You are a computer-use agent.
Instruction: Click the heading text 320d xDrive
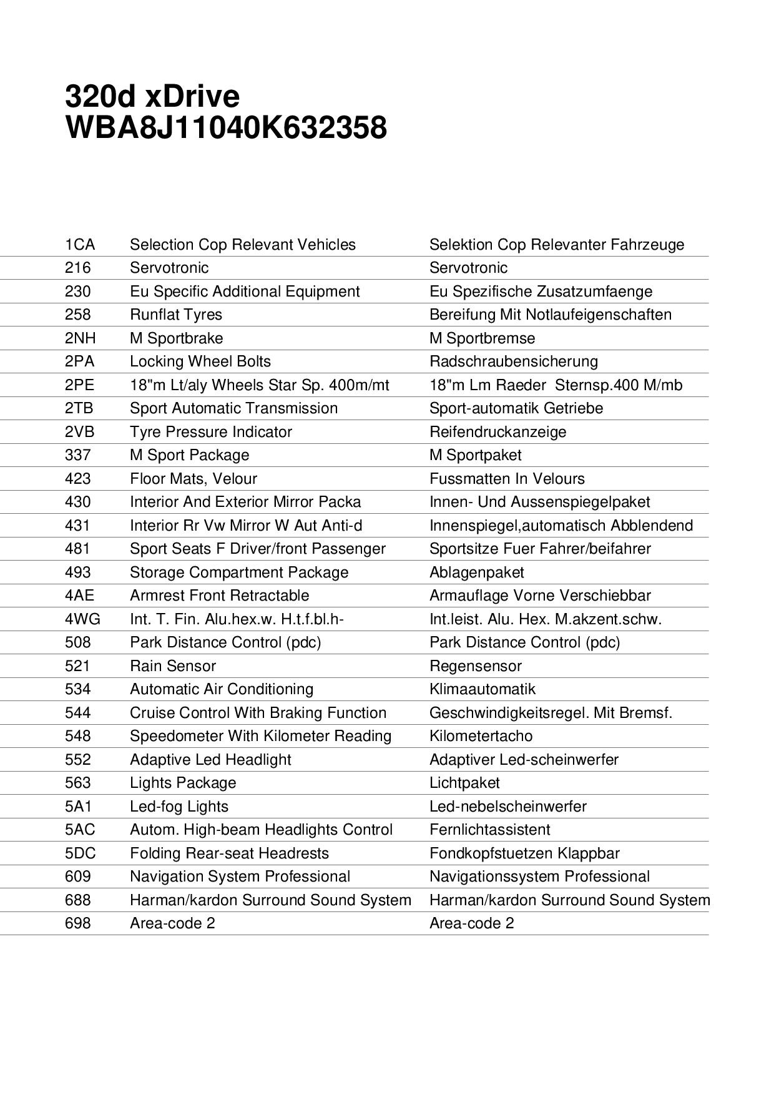pyautogui.click(x=152, y=97)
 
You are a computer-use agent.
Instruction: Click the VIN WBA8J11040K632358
pyautogui.click(x=225, y=128)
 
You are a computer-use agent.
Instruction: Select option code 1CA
pyautogui.click(x=80, y=245)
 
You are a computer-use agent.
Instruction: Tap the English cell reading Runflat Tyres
pyautogui.click(x=176, y=315)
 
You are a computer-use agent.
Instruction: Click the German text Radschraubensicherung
pyautogui.click(x=513, y=361)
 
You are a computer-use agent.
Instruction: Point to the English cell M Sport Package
pyautogui.click(x=189, y=455)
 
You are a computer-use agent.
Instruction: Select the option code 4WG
pyautogui.click(x=82, y=619)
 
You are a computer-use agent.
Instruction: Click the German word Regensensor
pyautogui.click(x=475, y=666)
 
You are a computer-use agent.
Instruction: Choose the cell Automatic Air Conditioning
pyautogui.click(x=222, y=689)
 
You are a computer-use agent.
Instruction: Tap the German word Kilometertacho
pyautogui.click(x=481, y=736)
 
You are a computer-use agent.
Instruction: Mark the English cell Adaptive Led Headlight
pyautogui.click(x=210, y=760)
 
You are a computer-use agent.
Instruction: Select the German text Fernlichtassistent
pyautogui.click(x=489, y=830)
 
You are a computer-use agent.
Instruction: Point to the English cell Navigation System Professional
pyautogui.click(x=240, y=876)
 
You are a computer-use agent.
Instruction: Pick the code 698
pyautogui.click(x=78, y=923)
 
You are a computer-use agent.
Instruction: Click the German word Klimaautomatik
pyautogui.click(x=482, y=689)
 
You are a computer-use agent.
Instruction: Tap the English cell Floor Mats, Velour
pyautogui.click(x=193, y=479)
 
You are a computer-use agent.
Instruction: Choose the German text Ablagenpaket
pyautogui.click(x=476, y=572)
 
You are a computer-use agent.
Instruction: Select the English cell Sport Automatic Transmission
pyautogui.click(x=233, y=408)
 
